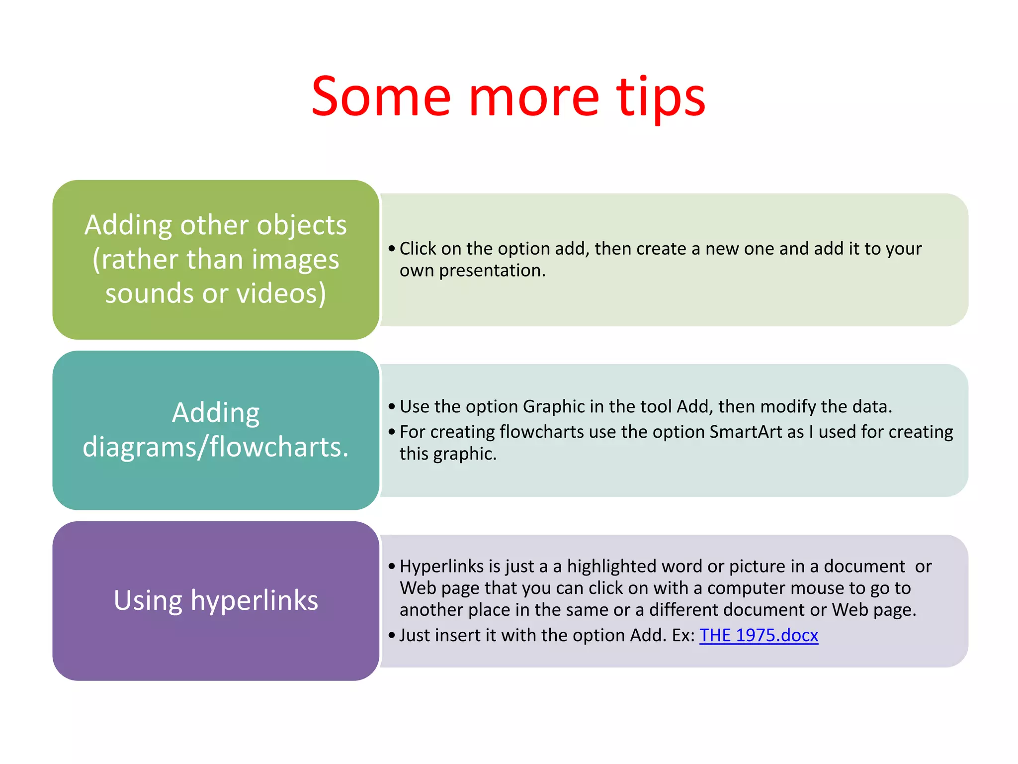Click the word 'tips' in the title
click(x=661, y=97)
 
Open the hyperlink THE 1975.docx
click(x=759, y=635)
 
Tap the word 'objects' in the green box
click(x=302, y=225)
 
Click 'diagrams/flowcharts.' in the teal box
click(x=216, y=447)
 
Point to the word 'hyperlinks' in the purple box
click(x=254, y=600)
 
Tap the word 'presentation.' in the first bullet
click(x=492, y=271)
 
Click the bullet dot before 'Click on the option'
click(x=392, y=249)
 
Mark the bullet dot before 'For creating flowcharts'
click(x=392, y=432)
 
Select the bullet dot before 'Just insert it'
click(x=392, y=635)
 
